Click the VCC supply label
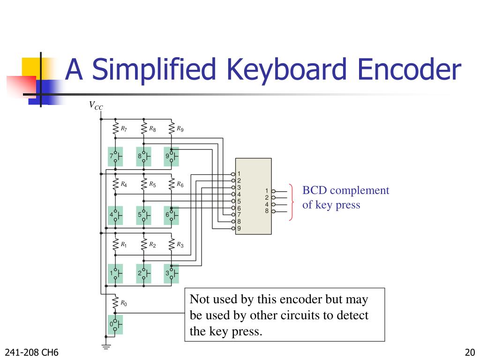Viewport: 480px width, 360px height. point(96,106)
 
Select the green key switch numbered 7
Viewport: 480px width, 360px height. point(115,157)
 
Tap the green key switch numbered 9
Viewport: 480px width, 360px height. point(171,157)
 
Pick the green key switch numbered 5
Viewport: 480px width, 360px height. point(143,216)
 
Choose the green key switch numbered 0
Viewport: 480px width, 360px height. point(115,324)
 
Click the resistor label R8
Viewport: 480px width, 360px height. point(153,128)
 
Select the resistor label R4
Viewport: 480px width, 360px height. point(124,185)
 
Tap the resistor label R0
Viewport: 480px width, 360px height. point(124,303)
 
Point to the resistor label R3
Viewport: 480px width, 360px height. point(180,245)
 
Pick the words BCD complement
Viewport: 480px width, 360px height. point(346,190)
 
